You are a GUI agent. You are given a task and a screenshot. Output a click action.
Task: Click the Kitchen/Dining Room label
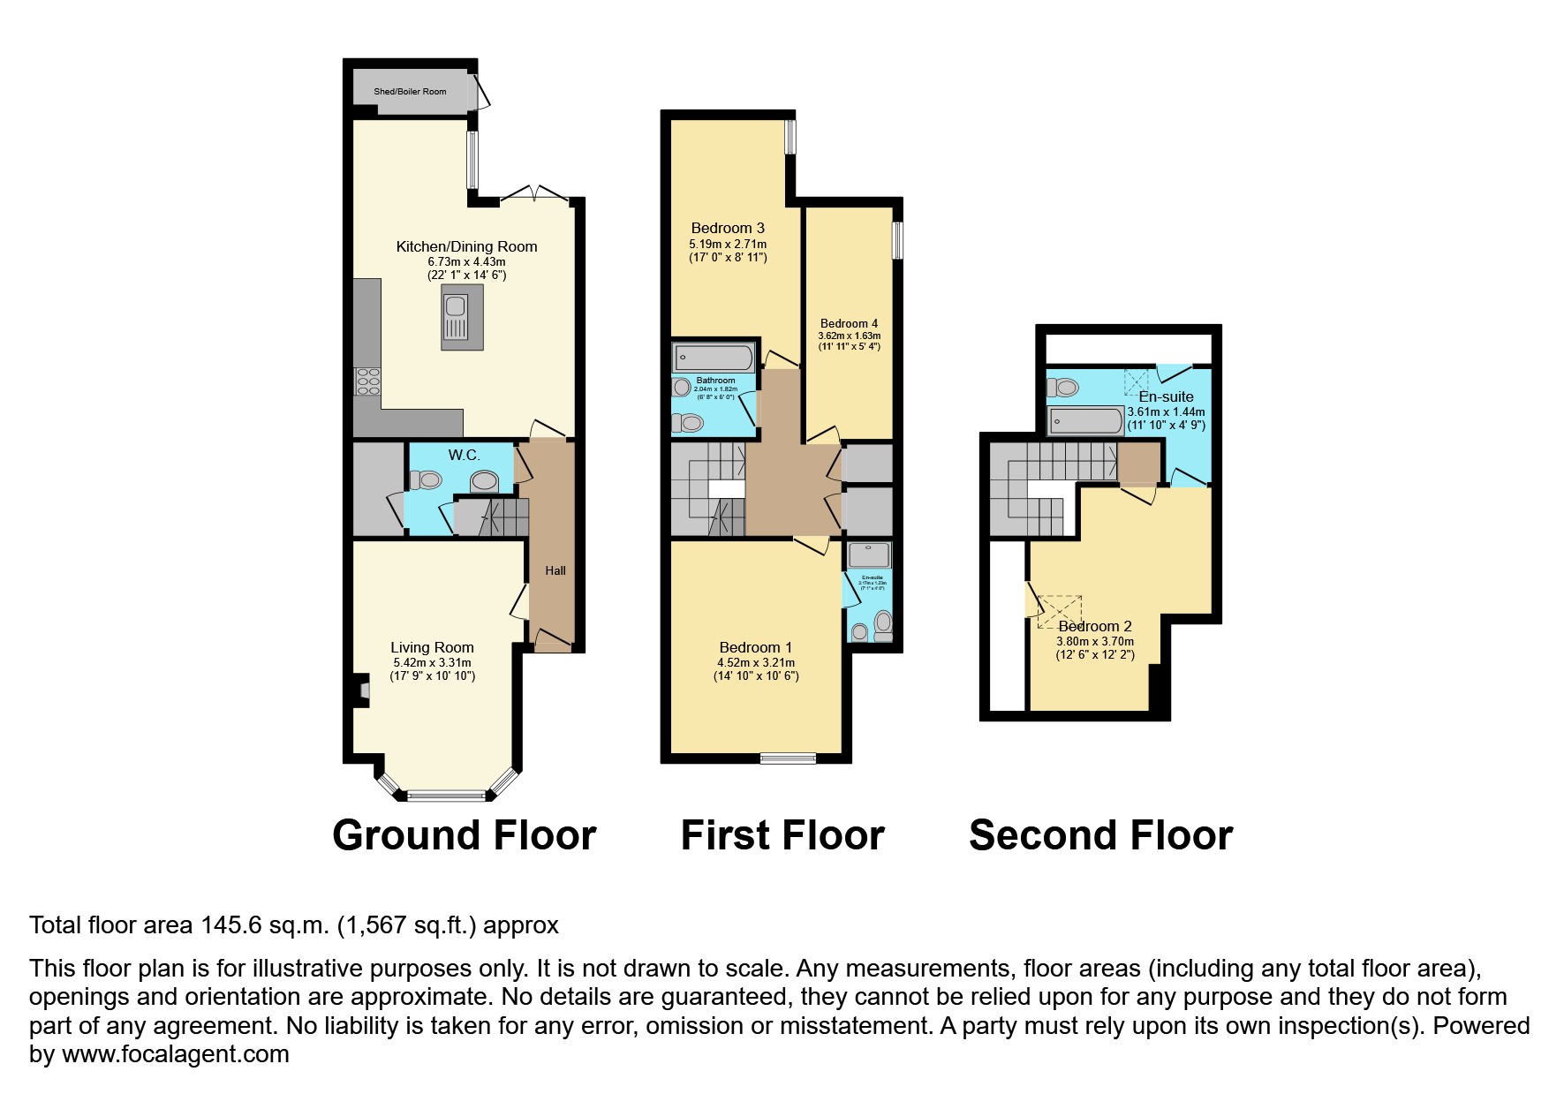coord(466,246)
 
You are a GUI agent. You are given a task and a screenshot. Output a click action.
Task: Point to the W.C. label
coord(464,455)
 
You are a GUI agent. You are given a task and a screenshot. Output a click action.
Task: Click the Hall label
coord(555,570)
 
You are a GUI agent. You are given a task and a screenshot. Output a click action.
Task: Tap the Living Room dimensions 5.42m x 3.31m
coord(432,662)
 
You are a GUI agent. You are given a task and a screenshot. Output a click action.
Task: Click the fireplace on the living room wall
coord(362,691)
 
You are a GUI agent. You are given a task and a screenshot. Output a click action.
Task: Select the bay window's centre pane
coord(447,796)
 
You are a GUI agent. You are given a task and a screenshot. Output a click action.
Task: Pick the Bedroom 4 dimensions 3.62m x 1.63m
coord(849,336)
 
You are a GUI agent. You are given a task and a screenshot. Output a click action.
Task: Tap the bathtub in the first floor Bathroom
coord(713,358)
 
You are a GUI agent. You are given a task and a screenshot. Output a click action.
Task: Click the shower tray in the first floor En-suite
coord(869,555)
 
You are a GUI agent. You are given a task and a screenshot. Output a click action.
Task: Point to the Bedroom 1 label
coord(755,647)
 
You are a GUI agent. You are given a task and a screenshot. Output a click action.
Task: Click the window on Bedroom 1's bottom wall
coord(788,756)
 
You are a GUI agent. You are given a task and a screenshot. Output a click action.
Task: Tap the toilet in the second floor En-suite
coord(1066,387)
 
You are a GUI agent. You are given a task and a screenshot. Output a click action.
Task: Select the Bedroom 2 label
coord(1095,626)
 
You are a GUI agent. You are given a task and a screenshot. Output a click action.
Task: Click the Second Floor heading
coord(1100,835)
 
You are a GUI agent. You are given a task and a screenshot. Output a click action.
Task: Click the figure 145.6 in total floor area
coord(231,925)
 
